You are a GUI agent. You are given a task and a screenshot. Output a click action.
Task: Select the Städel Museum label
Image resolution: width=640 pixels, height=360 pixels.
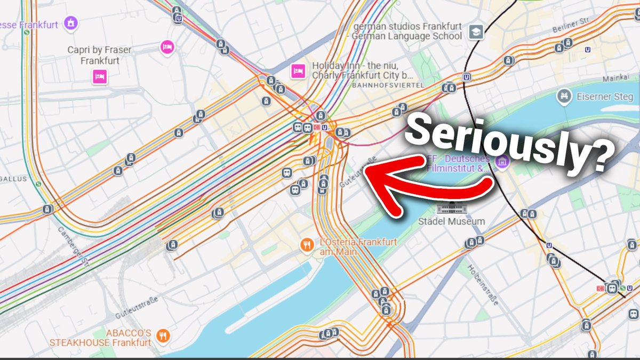click(x=452, y=221)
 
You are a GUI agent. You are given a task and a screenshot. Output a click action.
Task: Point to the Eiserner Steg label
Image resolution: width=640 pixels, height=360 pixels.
click(x=604, y=97)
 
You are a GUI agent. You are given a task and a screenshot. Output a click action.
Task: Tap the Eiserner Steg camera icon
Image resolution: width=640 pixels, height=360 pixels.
click(x=563, y=97)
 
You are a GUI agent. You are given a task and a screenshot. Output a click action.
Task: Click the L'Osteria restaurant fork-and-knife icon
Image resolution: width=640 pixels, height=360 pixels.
click(x=306, y=245)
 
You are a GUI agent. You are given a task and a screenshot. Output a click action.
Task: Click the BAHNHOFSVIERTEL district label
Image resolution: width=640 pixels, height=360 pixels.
click(x=388, y=85)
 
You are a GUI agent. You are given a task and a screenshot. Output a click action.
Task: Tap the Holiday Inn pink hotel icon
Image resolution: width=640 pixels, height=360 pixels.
click(x=298, y=70)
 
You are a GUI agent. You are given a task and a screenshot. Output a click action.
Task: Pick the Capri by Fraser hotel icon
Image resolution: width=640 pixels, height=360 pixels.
click(x=99, y=77)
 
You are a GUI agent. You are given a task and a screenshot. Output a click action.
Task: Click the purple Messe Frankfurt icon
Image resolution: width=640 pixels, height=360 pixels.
click(x=70, y=23)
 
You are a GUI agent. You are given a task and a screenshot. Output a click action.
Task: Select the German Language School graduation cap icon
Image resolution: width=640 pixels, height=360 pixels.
click(x=476, y=32)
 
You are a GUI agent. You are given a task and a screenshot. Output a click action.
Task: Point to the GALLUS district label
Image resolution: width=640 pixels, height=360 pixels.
click(x=14, y=179)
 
